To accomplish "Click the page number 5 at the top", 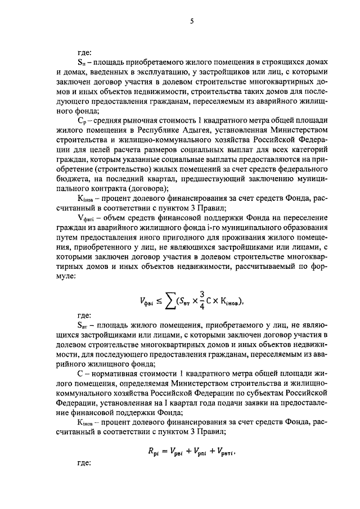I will coord(191,21).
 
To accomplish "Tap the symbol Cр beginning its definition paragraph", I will coord(82,123).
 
